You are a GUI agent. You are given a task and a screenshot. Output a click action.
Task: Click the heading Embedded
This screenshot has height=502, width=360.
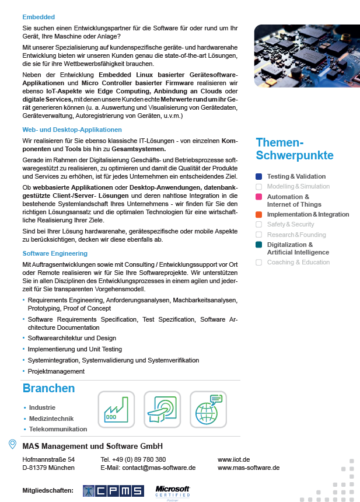pos(39,17)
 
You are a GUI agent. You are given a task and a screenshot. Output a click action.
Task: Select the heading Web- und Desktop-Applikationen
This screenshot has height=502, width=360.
pos(72,130)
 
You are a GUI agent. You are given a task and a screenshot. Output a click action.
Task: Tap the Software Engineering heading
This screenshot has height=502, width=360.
pos(55,253)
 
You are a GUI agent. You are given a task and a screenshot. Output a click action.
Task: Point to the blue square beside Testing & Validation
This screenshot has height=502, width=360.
pos(259,176)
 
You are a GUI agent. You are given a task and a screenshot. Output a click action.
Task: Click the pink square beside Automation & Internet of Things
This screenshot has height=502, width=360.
pos(259,197)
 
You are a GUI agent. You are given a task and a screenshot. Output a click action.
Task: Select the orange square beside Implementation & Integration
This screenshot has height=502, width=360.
pos(259,215)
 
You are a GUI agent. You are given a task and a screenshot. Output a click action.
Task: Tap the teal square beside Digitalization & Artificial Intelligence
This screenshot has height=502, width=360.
pos(259,245)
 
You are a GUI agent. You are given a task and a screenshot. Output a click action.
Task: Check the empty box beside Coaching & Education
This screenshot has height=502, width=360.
pos(259,263)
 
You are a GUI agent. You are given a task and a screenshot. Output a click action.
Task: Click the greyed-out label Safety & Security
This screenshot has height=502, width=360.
pos(291,224)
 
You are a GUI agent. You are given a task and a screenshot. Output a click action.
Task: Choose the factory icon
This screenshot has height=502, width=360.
pos(116,409)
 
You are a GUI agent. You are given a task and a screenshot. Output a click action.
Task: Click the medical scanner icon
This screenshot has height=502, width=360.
pos(162,409)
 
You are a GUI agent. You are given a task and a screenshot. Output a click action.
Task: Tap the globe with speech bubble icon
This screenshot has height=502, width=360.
pos(208,409)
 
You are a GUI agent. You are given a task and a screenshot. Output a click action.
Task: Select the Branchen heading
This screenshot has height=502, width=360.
pos(48,389)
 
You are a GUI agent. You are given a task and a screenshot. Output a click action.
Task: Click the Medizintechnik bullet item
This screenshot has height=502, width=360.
pos(51,419)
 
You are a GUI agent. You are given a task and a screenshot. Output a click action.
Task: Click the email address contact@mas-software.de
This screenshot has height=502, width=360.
pos(159,468)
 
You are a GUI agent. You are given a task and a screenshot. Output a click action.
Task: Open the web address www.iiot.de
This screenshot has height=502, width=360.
pos(233,459)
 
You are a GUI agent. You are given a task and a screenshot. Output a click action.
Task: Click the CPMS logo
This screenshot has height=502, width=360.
pos(113,491)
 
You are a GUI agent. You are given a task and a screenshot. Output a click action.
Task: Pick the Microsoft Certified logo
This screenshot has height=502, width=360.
pos(173,491)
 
